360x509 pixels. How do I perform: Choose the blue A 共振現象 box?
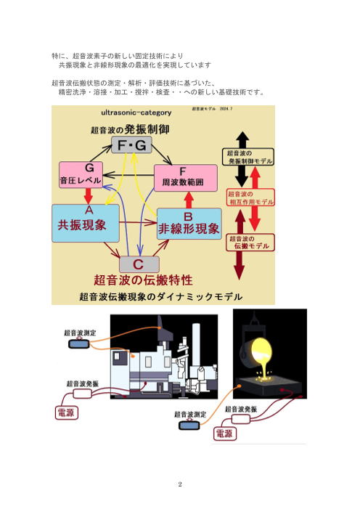pos(84,222)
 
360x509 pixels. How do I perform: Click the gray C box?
pos(139,264)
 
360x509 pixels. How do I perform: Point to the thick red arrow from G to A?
pos(88,197)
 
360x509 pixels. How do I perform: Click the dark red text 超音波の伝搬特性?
pos(142,280)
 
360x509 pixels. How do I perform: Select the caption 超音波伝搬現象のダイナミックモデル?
pos(160,296)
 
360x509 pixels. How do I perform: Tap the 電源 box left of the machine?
pos(70,413)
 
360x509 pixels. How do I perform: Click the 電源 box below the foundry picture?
pos(224,433)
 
